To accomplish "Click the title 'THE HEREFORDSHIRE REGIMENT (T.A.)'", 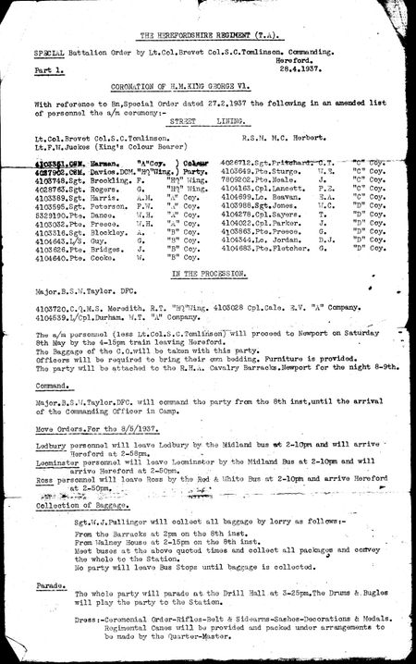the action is point(209,34).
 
